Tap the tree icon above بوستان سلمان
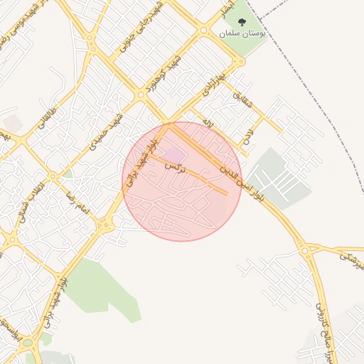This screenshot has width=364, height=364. pyautogui.click(x=242, y=23)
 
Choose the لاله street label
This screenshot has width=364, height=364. pyautogui.click(x=207, y=122)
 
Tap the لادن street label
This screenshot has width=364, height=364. pyautogui.click(x=247, y=133)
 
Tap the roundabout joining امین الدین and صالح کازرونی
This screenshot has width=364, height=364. pyautogui.click(x=305, y=250)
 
